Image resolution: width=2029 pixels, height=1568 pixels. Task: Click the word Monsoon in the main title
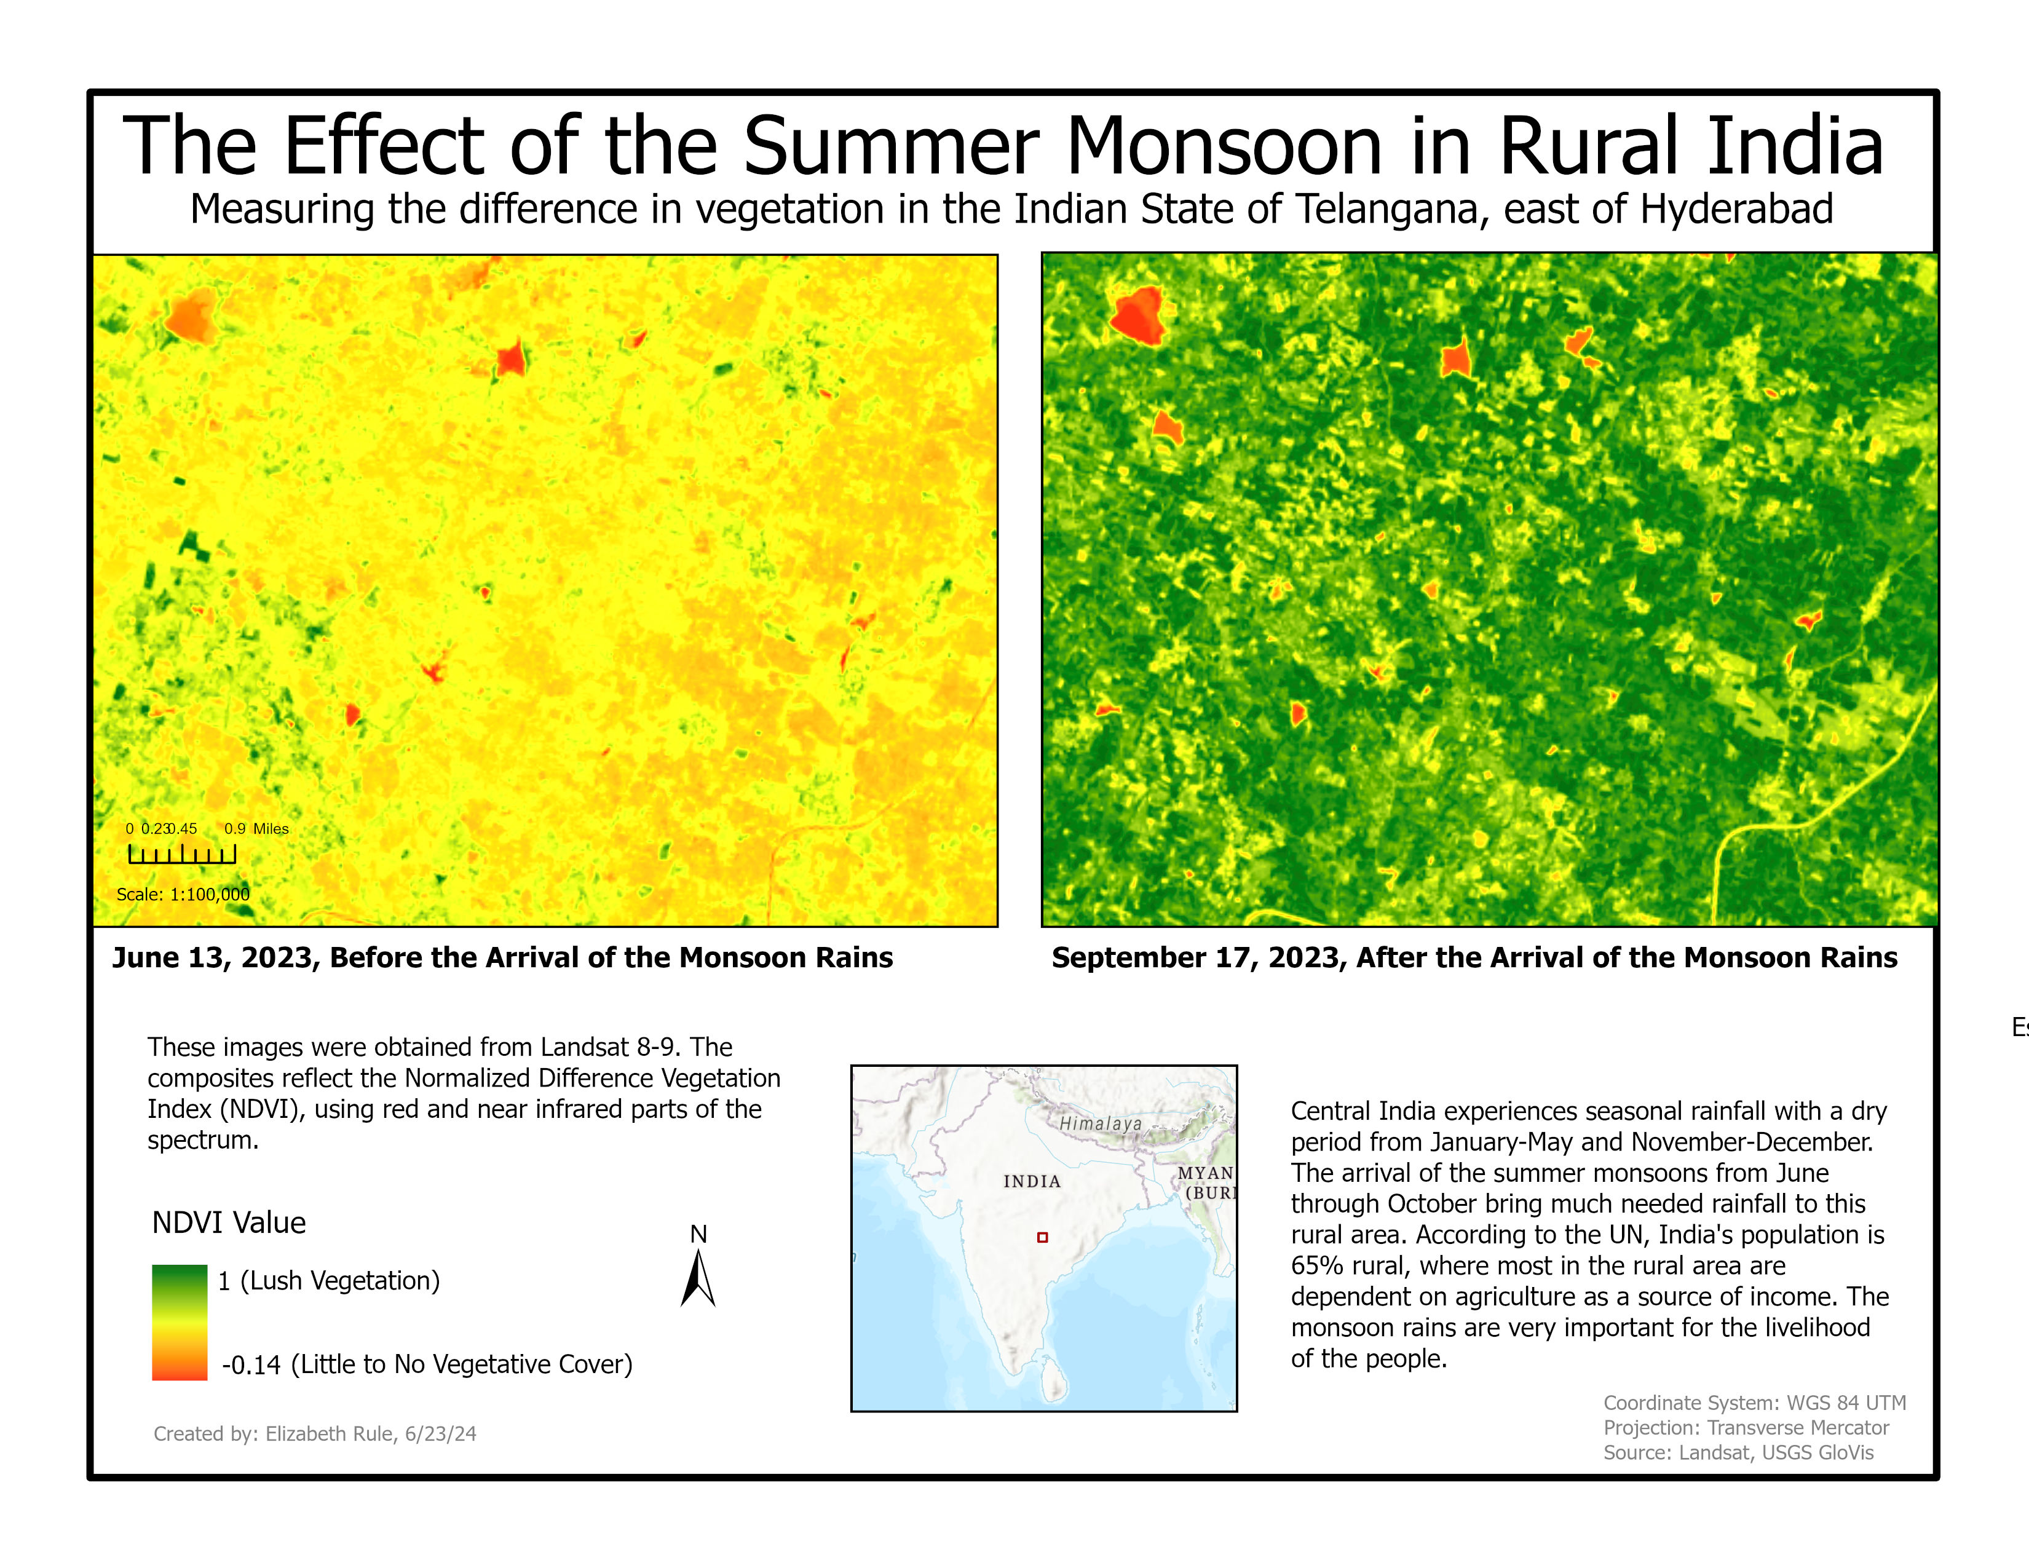(x=1224, y=147)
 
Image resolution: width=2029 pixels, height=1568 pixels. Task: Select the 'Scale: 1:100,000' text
(x=183, y=895)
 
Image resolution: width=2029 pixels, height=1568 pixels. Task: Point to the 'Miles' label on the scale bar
(x=271, y=829)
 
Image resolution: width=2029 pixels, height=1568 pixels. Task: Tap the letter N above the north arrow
(x=698, y=1233)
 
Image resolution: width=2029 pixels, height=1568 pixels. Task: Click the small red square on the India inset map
(x=1042, y=1237)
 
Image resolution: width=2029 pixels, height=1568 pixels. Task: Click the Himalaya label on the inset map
(x=1100, y=1123)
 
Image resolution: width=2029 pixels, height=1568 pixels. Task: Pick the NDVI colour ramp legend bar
(x=180, y=1322)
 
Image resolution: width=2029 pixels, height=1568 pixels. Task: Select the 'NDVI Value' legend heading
(x=229, y=1222)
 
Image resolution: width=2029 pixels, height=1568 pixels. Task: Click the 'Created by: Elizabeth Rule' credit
(x=314, y=1433)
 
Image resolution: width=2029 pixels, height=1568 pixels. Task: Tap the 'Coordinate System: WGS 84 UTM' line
(x=1754, y=1403)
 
